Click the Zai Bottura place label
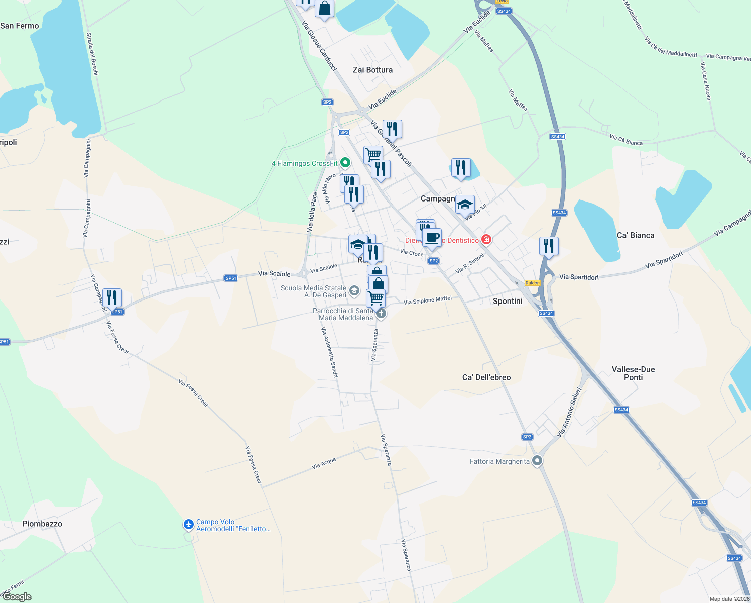tap(372, 70)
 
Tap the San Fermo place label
tap(20, 26)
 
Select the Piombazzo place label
tap(42, 524)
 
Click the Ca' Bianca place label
tap(636, 235)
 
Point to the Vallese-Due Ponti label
tap(633, 373)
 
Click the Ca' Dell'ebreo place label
tap(486, 377)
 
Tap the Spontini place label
tap(508, 301)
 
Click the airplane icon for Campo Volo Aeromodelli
tap(189, 525)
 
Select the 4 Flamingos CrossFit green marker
tap(345, 163)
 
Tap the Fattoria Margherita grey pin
tap(537, 460)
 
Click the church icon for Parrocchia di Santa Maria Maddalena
tap(381, 314)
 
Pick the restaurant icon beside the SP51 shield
tap(112, 298)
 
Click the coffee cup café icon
tap(432, 237)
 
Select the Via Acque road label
tap(324, 463)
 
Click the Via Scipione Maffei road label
tap(428, 300)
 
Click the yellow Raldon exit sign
tap(533, 283)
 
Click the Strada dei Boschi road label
tap(92, 54)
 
